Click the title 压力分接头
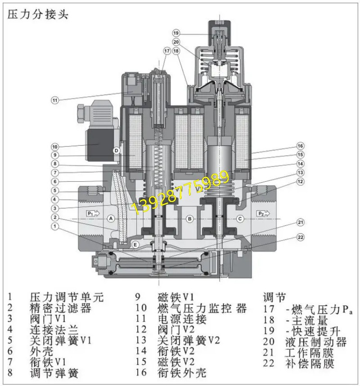point(37,14)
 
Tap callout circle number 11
point(54,100)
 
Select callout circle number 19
point(176,33)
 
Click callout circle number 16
point(301,146)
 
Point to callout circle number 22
point(301,237)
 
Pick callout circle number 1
point(54,227)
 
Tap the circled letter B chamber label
point(190,219)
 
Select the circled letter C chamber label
point(240,219)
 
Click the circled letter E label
point(135,244)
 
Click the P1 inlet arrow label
point(92,213)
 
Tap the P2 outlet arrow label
point(262,213)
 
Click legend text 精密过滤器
point(60,308)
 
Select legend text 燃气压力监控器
point(202,308)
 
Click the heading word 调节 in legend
point(274,297)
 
